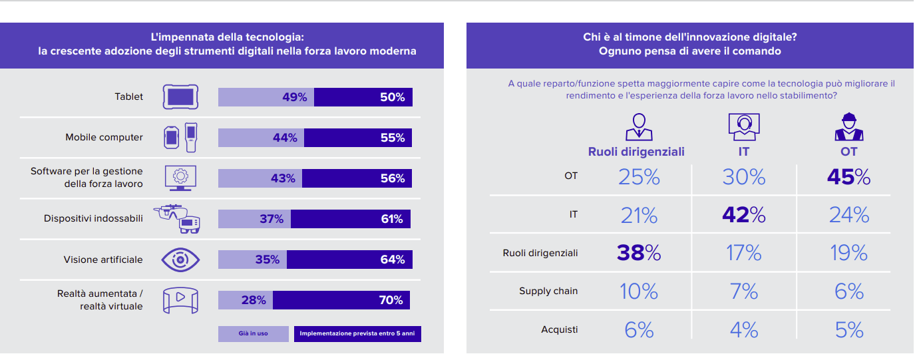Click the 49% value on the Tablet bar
click(294, 97)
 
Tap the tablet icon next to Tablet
click(181, 97)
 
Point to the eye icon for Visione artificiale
click(181, 260)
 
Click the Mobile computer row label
click(104, 137)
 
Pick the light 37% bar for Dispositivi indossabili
click(254, 219)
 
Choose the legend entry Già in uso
click(253, 333)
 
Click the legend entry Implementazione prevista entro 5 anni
click(357, 333)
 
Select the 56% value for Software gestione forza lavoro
click(392, 178)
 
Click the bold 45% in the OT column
click(848, 177)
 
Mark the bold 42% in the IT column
click(743, 215)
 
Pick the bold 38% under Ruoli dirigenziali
click(638, 253)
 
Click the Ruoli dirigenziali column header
click(636, 152)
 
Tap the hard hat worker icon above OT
click(848, 126)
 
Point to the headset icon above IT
click(744, 126)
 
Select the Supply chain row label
click(548, 291)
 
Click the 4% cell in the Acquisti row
click(743, 329)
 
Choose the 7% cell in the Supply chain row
click(743, 291)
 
